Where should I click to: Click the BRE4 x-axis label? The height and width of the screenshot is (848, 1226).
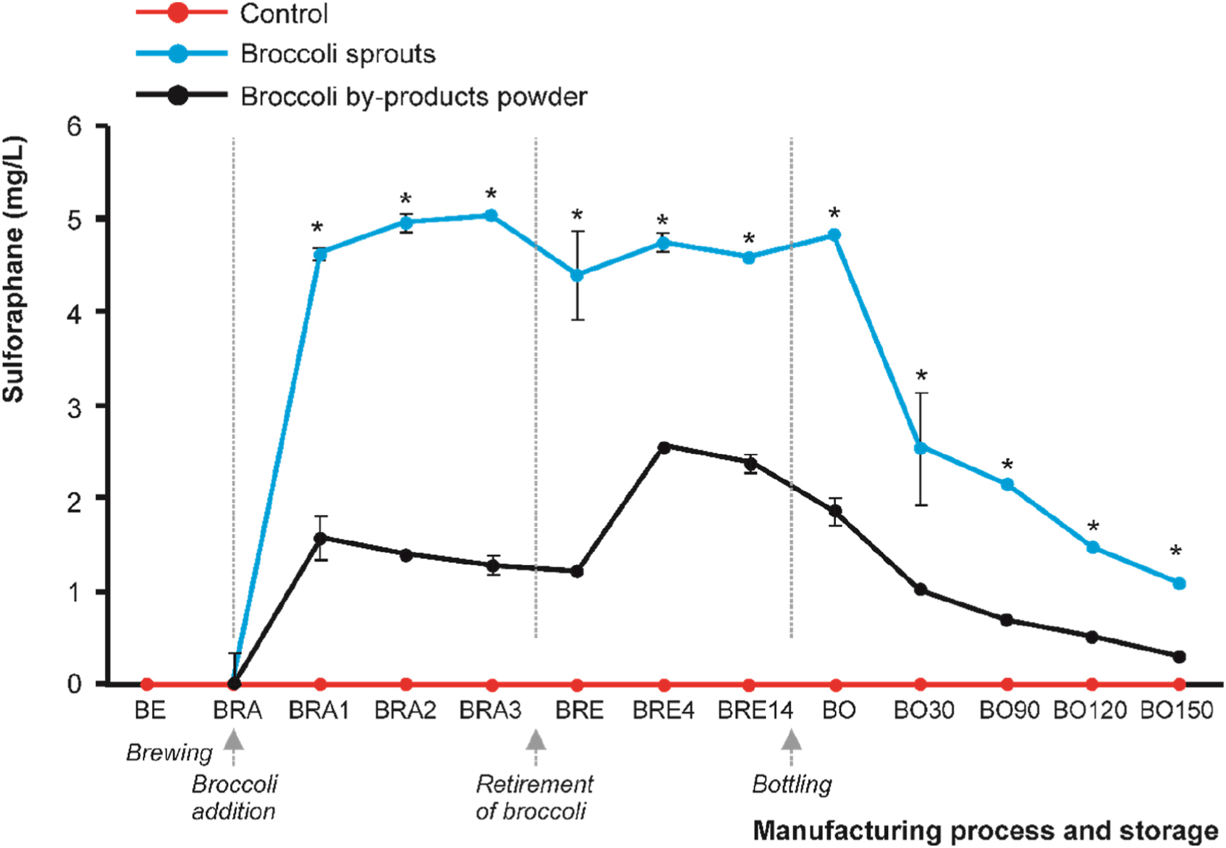click(x=663, y=710)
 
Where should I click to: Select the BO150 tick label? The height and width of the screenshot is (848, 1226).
click(x=1177, y=710)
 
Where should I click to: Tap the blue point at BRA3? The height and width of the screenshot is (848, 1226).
click(x=491, y=215)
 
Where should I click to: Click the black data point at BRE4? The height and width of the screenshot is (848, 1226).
click(x=664, y=448)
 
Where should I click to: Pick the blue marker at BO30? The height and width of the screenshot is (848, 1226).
click(x=921, y=449)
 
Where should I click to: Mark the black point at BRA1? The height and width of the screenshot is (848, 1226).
click(x=320, y=538)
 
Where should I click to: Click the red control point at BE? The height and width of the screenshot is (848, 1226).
click(x=147, y=684)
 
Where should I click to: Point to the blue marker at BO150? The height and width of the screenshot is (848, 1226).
click(x=1179, y=584)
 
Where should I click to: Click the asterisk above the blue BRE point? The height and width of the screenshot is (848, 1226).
click(x=577, y=216)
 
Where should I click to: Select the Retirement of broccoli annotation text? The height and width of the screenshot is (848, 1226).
click(x=534, y=797)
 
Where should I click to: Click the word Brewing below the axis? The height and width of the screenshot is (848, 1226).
click(x=170, y=753)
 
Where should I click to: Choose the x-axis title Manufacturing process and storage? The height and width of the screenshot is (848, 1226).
click(x=986, y=829)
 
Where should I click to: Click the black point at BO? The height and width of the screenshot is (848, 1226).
click(x=836, y=511)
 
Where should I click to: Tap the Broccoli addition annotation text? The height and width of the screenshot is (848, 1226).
click(x=234, y=797)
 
